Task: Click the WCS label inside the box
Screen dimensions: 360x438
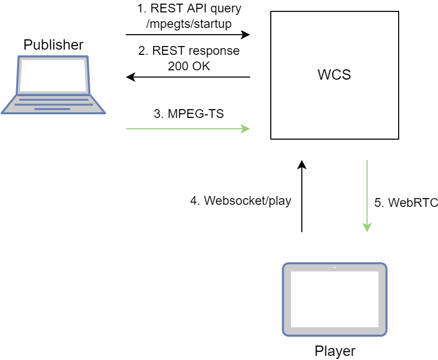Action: point(334,75)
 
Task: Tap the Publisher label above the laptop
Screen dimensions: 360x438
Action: point(53,45)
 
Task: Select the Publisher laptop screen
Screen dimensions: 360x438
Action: point(53,75)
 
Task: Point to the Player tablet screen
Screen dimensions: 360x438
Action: point(334,299)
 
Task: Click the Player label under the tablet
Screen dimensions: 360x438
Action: point(335,351)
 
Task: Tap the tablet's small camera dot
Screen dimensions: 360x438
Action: point(334,267)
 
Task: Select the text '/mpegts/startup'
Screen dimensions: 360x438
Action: point(189,23)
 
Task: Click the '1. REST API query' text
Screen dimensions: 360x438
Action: point(189,9)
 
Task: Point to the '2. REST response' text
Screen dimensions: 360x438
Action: point(189,51)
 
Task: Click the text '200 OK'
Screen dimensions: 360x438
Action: point(189,66)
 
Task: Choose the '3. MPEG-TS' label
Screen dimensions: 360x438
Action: point(189,114)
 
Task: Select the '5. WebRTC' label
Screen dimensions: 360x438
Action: point(406,203)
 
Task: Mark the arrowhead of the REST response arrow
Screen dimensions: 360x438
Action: point(130,77)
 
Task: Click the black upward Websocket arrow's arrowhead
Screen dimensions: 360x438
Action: point(302,164)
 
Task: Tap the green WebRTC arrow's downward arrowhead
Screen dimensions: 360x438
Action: point(367,228)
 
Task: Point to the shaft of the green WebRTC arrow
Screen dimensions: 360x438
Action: point(367,191)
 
